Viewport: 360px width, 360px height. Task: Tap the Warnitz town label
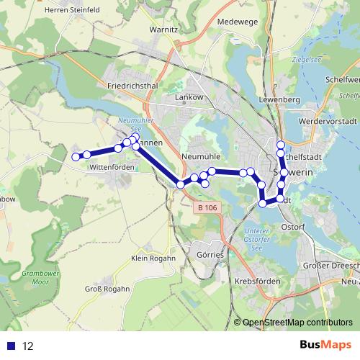click(163, 30)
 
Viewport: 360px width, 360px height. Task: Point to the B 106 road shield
click(206, 207)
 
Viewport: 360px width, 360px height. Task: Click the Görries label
click(210, 254)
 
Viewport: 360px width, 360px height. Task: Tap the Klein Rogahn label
click(153, 258)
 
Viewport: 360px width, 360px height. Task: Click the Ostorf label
click(293, 226)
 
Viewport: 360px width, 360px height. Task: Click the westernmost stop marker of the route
click(76, 156)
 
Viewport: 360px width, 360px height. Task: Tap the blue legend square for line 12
click(9, 346)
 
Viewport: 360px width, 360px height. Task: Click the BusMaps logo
click(326, 346)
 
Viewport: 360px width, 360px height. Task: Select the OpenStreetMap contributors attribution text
click(297, 323)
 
